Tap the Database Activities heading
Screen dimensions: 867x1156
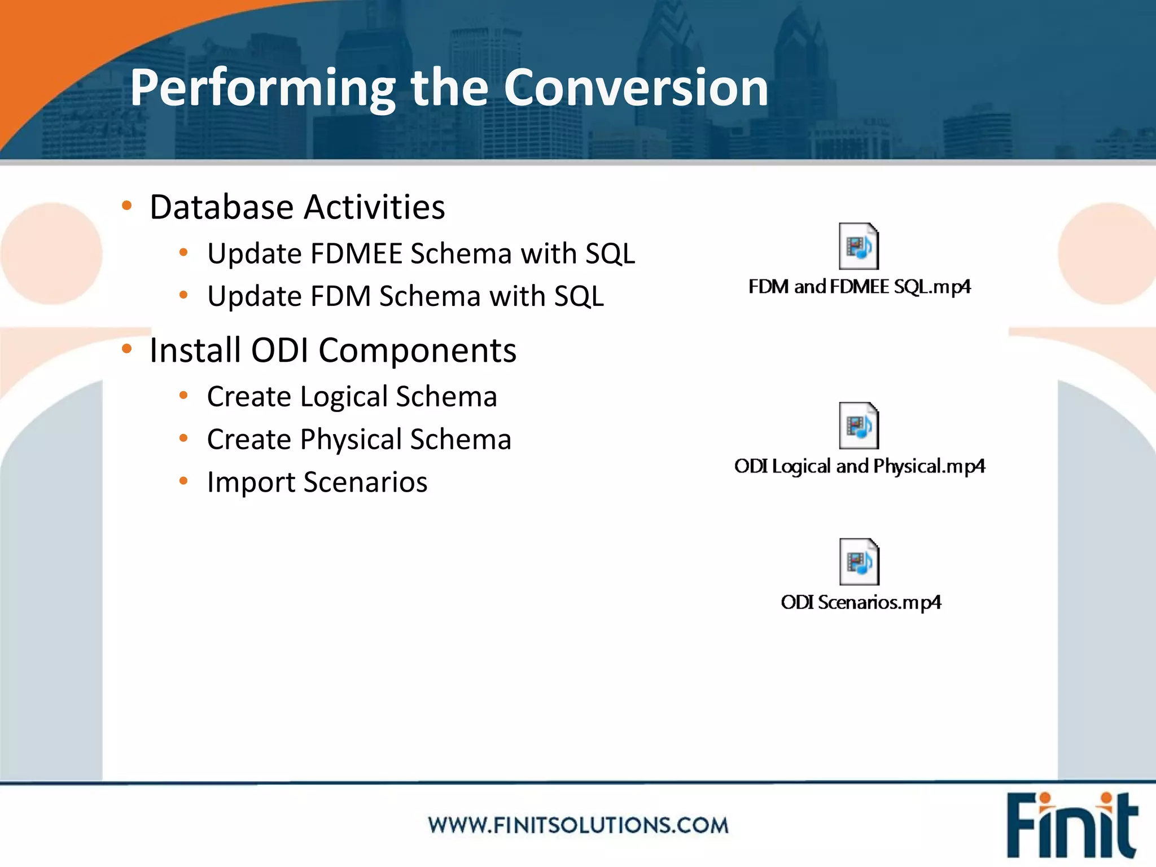(297, 207)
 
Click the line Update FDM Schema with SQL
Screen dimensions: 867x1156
(405, 296)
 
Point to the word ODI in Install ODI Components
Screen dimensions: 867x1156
(279, 351)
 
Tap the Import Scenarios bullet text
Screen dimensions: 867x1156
(317, 483)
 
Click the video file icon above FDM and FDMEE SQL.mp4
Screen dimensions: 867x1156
(859, 247)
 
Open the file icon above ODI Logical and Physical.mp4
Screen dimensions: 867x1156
(859, 426)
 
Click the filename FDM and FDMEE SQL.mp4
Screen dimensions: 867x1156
(859, 287)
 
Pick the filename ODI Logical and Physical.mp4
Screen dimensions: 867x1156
(859, 467)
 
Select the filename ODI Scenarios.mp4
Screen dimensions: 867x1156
(861, 603)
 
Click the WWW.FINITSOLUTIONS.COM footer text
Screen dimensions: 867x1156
(578, 825)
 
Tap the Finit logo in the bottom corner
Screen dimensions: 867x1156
(1071, 825)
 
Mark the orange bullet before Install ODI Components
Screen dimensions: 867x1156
(127, 349)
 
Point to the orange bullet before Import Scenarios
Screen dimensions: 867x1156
(183, 481)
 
